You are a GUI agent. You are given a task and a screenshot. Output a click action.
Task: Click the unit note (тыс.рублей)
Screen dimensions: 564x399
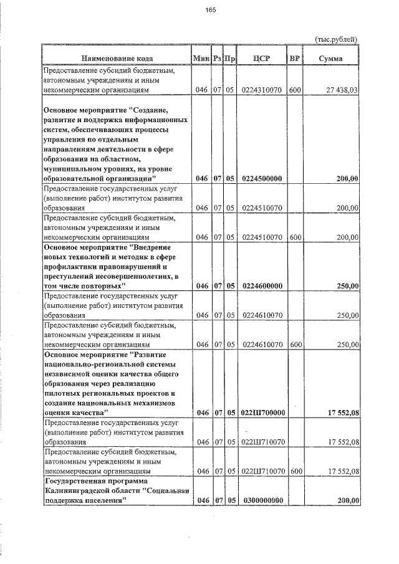(x=337, y=39)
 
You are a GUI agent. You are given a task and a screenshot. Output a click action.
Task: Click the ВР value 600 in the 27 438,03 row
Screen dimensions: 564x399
(x=295, y=90)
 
